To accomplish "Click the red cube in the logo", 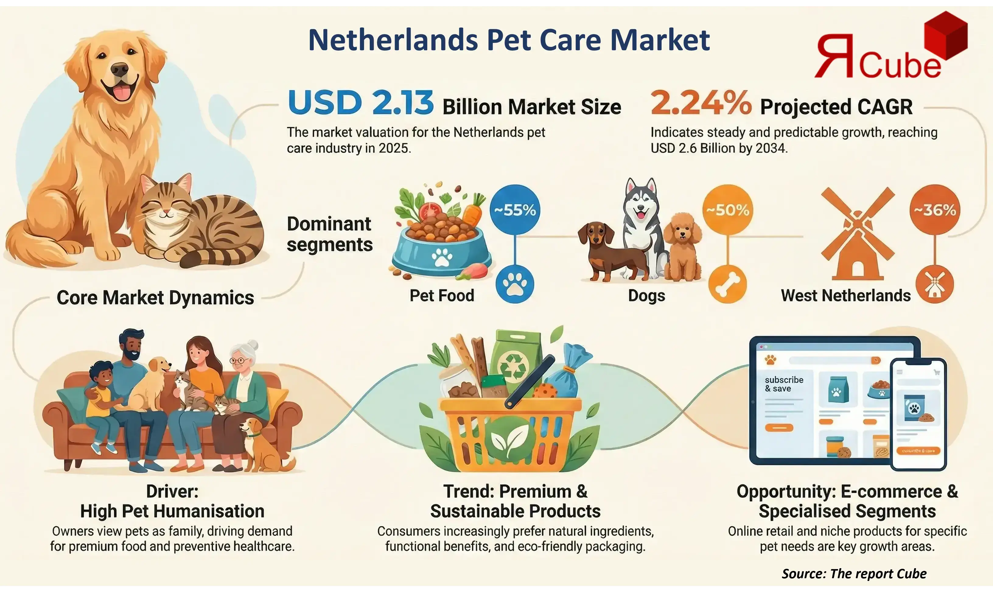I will coord(946,36).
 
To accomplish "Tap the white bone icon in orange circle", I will coord(727,284).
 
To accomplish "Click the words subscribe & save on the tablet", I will coord(784,384).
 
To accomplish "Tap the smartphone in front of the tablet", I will coord(918,414).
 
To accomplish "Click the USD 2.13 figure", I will coord(360,103).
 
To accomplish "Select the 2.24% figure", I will coord(701,103).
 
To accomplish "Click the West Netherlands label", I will coord(845,296).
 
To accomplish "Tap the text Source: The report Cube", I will coord(854,573).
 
